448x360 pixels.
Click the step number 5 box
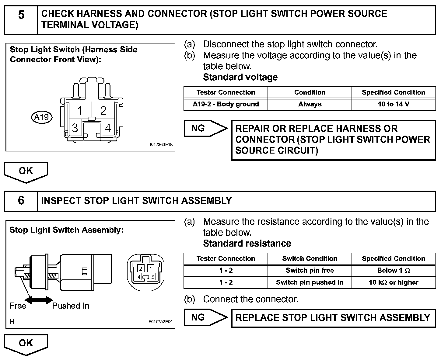click(21, 20)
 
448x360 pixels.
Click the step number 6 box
click(21, 201)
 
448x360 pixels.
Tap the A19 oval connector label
click(42, 117)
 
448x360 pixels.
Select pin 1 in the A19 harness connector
click(80, 110)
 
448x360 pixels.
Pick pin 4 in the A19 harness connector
click(108, 128)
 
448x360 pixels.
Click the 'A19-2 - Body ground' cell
click(226, 104)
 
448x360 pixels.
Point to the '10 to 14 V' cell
click(393, 104)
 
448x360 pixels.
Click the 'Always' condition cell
click(310, 104)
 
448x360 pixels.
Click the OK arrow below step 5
click(26, 171)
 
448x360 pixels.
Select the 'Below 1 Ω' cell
click(393, 270)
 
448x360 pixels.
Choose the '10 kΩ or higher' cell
click(393, 282)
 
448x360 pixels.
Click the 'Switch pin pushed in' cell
click(310, 282)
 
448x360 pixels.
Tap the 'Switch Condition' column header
click(310, 258)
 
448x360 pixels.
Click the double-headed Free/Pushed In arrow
click(39, 300)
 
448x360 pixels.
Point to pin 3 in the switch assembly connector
click(153, 276)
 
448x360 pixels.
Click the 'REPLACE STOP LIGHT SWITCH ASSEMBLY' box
click(333, 318)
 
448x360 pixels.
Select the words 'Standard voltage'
click(240, 77)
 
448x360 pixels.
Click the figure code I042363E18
click(161, 145)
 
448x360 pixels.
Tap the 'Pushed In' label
click(71, 306)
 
